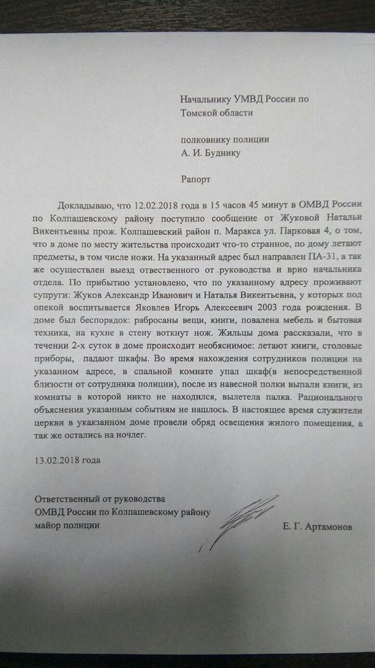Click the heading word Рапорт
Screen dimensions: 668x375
pyautogui.click(x=195, y=179)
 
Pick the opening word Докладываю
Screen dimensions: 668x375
pyautogui.click(x=83, y=205)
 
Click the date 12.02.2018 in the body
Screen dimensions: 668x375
pyautogui.click(x=151, y=205)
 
